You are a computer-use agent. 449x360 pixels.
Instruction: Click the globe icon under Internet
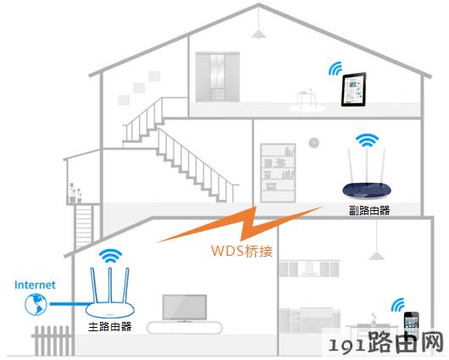coord(36,304)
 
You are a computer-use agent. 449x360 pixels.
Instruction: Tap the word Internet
coord(35,285)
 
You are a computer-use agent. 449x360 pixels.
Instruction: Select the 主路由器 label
coord(110,327)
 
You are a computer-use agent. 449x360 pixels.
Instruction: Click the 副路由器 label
coord(369,211)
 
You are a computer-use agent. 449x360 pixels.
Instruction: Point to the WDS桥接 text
coord(241,252)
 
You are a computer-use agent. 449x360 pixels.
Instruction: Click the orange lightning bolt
coord(241,224)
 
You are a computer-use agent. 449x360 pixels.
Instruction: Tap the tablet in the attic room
coord(353,90)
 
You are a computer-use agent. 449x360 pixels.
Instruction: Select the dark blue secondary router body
coord(367,190)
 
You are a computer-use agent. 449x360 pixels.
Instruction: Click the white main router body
coord(110,309)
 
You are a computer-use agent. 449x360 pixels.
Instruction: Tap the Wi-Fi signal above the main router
coord(110,256)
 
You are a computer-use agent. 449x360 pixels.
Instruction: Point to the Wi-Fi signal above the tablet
coord(335,69)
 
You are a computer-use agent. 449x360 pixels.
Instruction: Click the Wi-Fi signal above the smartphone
coord(398,305)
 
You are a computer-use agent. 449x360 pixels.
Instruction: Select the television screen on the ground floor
coord(185,307)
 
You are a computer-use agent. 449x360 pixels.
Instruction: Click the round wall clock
coord(313,142)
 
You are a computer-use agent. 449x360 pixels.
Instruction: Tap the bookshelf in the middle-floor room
coord(278,173)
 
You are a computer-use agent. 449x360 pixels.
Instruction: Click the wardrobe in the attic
coord(218,77)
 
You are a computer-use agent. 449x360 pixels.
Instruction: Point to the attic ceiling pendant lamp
coord(258,34)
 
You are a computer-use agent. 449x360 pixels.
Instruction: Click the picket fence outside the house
coord(52,341)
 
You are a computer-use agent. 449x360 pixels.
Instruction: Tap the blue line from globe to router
coord(69,304)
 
